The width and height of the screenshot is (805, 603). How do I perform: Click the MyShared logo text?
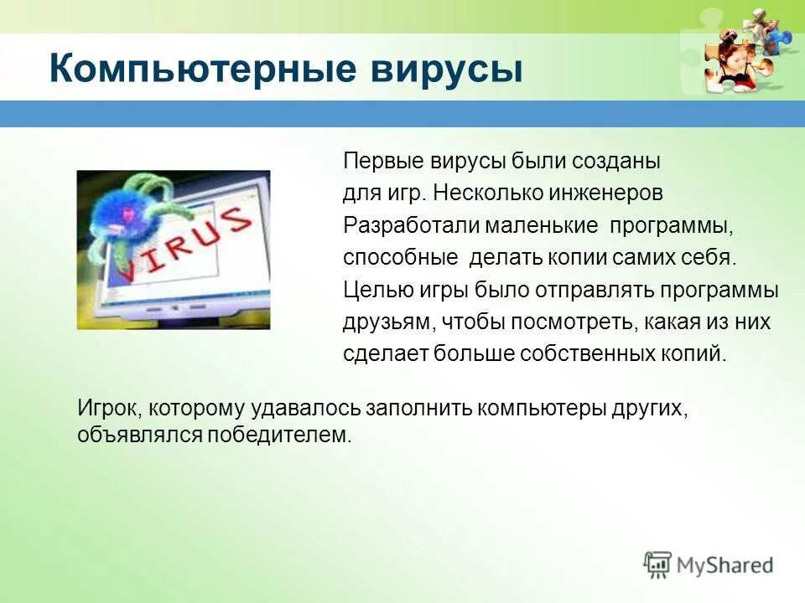pos(724,565)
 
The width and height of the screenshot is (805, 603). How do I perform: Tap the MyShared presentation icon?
pos(658,565)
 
